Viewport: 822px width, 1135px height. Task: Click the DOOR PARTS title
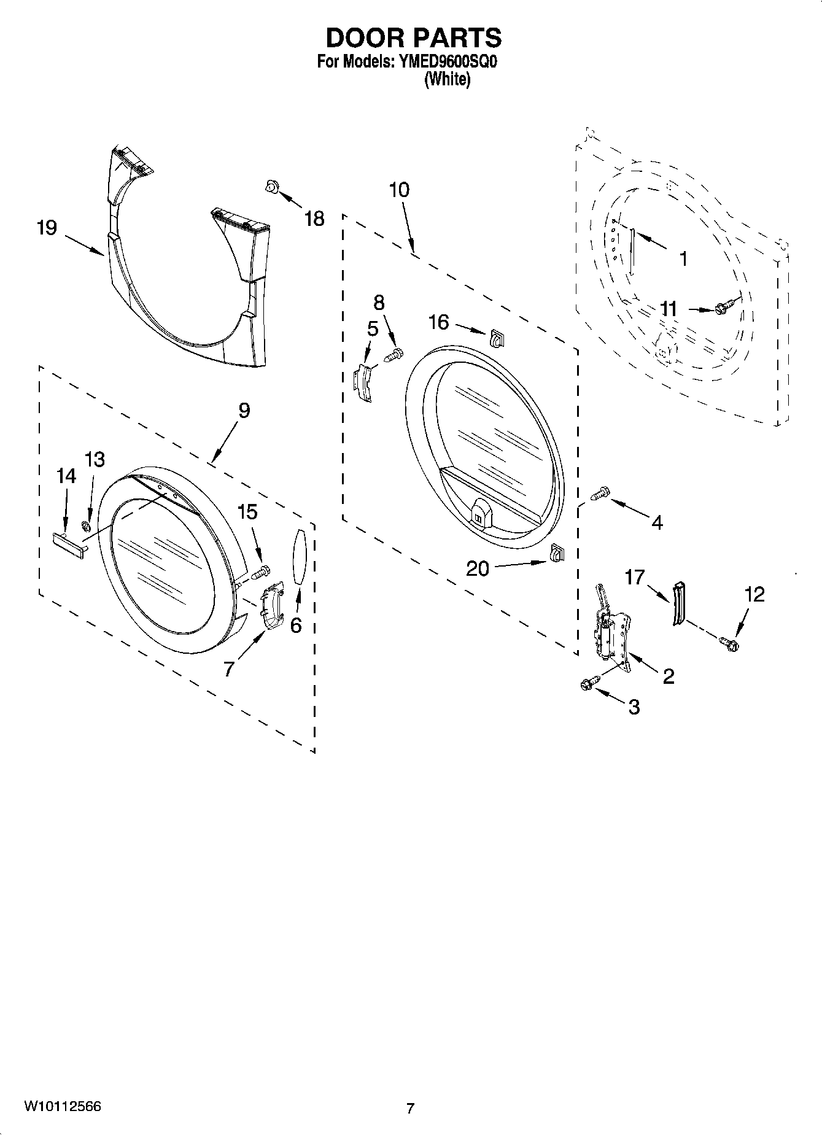coord(413,38)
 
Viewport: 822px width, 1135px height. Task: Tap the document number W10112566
coord(63,1107)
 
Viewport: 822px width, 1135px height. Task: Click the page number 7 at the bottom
coord(410,1108)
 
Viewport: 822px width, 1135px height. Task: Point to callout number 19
coord(47,228)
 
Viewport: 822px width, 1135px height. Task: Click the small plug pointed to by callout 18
coord(269,186)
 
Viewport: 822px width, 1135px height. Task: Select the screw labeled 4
coord(600,492)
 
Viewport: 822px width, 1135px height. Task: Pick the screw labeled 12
coord(729,644)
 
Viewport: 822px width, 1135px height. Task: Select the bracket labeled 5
coord(365,383)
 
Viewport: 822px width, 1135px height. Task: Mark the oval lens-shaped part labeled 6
coord(299,557)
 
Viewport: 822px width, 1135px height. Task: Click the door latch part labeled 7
coord(271,605)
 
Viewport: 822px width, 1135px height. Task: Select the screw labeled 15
coord(260,571)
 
